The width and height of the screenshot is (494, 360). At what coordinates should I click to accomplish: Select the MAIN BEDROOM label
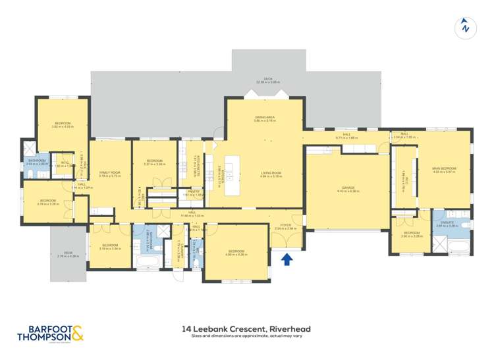click(x=444, y=168)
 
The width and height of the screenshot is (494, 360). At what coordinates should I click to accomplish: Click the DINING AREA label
click(x=265, y=117)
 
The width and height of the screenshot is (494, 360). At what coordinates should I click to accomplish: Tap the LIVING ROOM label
click(x=270, y=173)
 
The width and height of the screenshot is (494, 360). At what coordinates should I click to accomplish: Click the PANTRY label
click(x=193, y=192)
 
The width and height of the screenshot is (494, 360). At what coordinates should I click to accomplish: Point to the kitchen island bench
click(x=234, y=175)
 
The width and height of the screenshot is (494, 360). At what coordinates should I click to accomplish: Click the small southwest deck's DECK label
click(x=69, y=253)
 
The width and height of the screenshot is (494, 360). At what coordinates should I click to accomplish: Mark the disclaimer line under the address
click(x=246, y=336)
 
